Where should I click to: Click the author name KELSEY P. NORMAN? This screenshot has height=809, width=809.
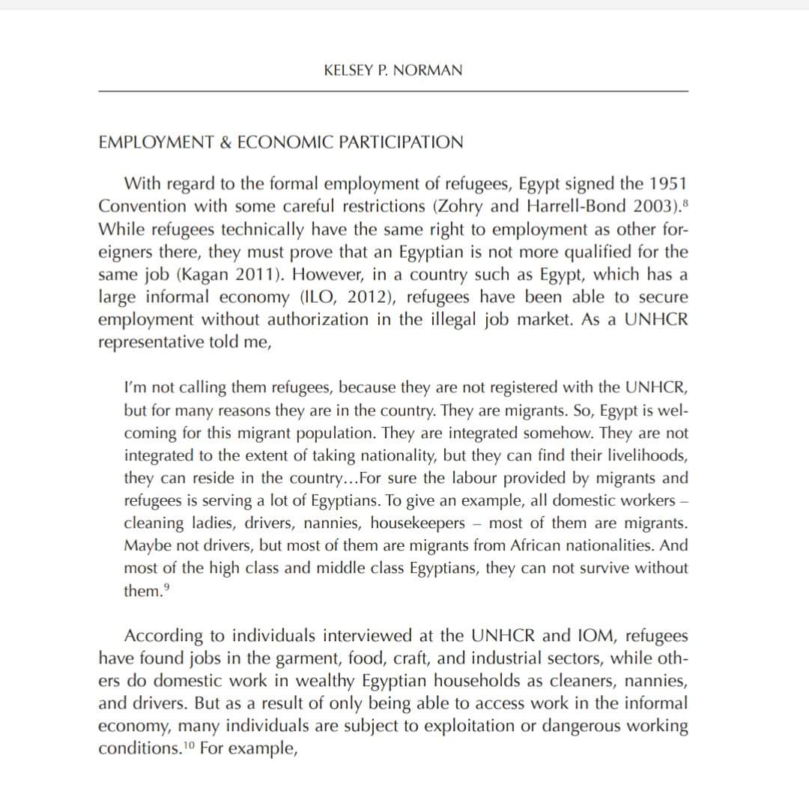click(x=393, y=70)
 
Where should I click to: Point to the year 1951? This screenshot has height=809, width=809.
click(x=668, y=184)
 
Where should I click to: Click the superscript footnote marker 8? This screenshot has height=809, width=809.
click(x=684, y=202)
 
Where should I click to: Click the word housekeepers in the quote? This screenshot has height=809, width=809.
click(x=422, y=522)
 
